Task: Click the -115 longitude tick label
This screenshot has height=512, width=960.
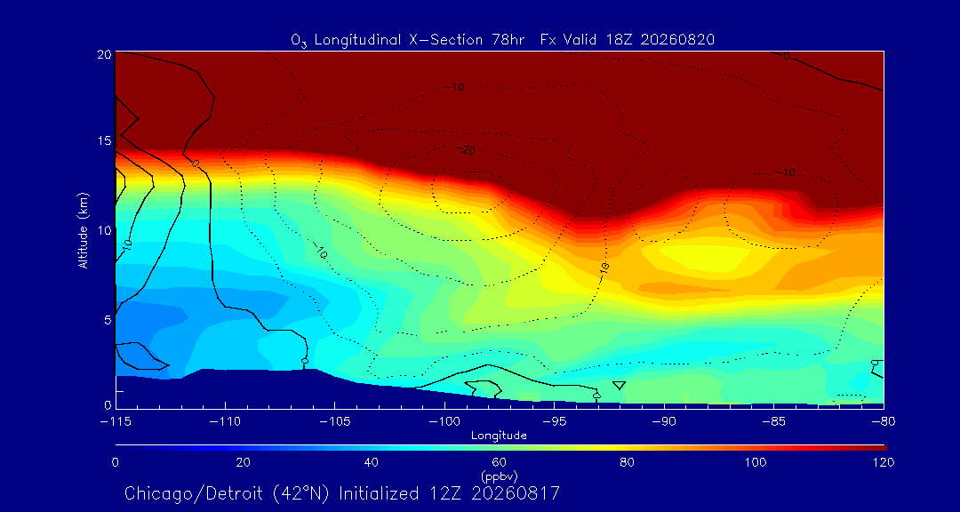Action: tap(115, 422)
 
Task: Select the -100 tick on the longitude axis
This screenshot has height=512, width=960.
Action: tap(444, 422)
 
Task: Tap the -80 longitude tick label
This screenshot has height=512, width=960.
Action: tap(884, 422)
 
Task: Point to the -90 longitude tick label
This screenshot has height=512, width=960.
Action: tap(664, 422)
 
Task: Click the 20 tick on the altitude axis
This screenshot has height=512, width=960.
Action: tap(105, 53)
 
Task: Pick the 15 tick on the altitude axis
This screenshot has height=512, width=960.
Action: tap(105, 140)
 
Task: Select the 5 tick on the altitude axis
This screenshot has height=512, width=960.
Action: tap(108, 320)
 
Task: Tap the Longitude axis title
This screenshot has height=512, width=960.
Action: tap(499, 436)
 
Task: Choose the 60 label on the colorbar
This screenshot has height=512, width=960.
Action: tap(499, 462)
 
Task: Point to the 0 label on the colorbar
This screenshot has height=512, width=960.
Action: tap(115, 462)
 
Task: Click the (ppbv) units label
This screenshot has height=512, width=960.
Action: tap(499, 474)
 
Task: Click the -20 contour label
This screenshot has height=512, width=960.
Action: tap(466, 150)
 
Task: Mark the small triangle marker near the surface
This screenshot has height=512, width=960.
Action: tap(619, 385)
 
